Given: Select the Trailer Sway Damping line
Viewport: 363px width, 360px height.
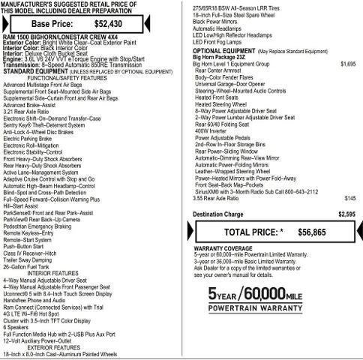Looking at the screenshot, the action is click(x=30, y=260).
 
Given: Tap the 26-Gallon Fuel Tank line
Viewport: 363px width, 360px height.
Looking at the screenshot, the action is click(x=31, y=267).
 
